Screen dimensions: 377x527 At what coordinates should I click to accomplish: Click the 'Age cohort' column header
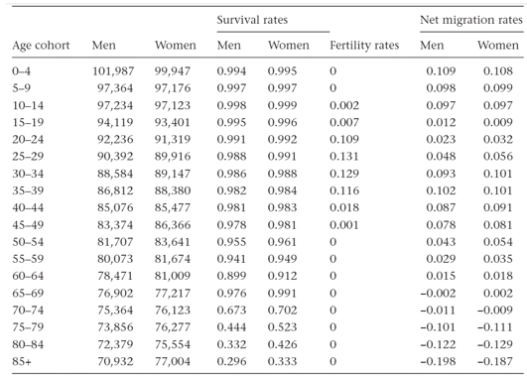pos(39,47)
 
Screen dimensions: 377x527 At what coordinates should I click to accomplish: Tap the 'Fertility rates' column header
pos(365,47)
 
